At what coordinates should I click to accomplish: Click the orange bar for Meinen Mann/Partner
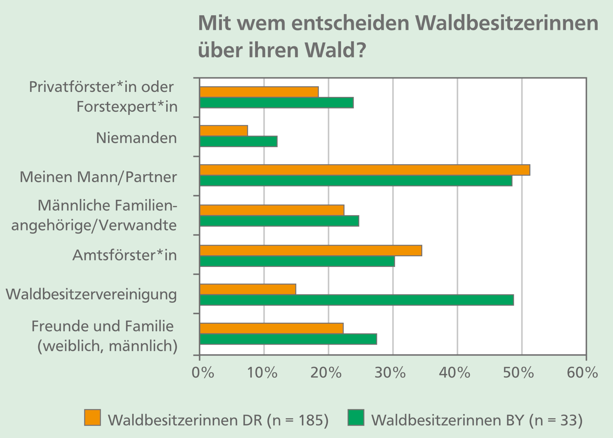(x=365, y=170)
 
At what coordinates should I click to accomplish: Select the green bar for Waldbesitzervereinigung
(x=357, y=300)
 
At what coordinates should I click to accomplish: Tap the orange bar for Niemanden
(x=224, y=131)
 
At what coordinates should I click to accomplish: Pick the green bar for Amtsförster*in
(x=297, y=261)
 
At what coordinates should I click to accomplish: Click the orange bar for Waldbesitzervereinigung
(x=248, y=289)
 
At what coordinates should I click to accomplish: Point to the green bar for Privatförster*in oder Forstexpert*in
(x=277, y=103)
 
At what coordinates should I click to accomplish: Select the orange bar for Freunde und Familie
(x=272, y=328)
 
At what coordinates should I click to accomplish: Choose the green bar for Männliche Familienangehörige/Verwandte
(x=279, y=221)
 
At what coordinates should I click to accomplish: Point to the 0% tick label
(x=203, y=372)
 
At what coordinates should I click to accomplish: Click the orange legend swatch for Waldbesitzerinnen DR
(x=92, y=418)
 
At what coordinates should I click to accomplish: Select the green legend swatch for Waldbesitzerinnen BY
(x=356, y=418)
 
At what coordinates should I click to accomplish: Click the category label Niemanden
(x=136, y=138)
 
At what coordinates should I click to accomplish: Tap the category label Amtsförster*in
(x=125, y=255)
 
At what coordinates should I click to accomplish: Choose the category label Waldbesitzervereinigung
(x=92, y=295)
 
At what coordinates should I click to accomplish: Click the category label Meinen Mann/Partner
(x=98, y=177)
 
